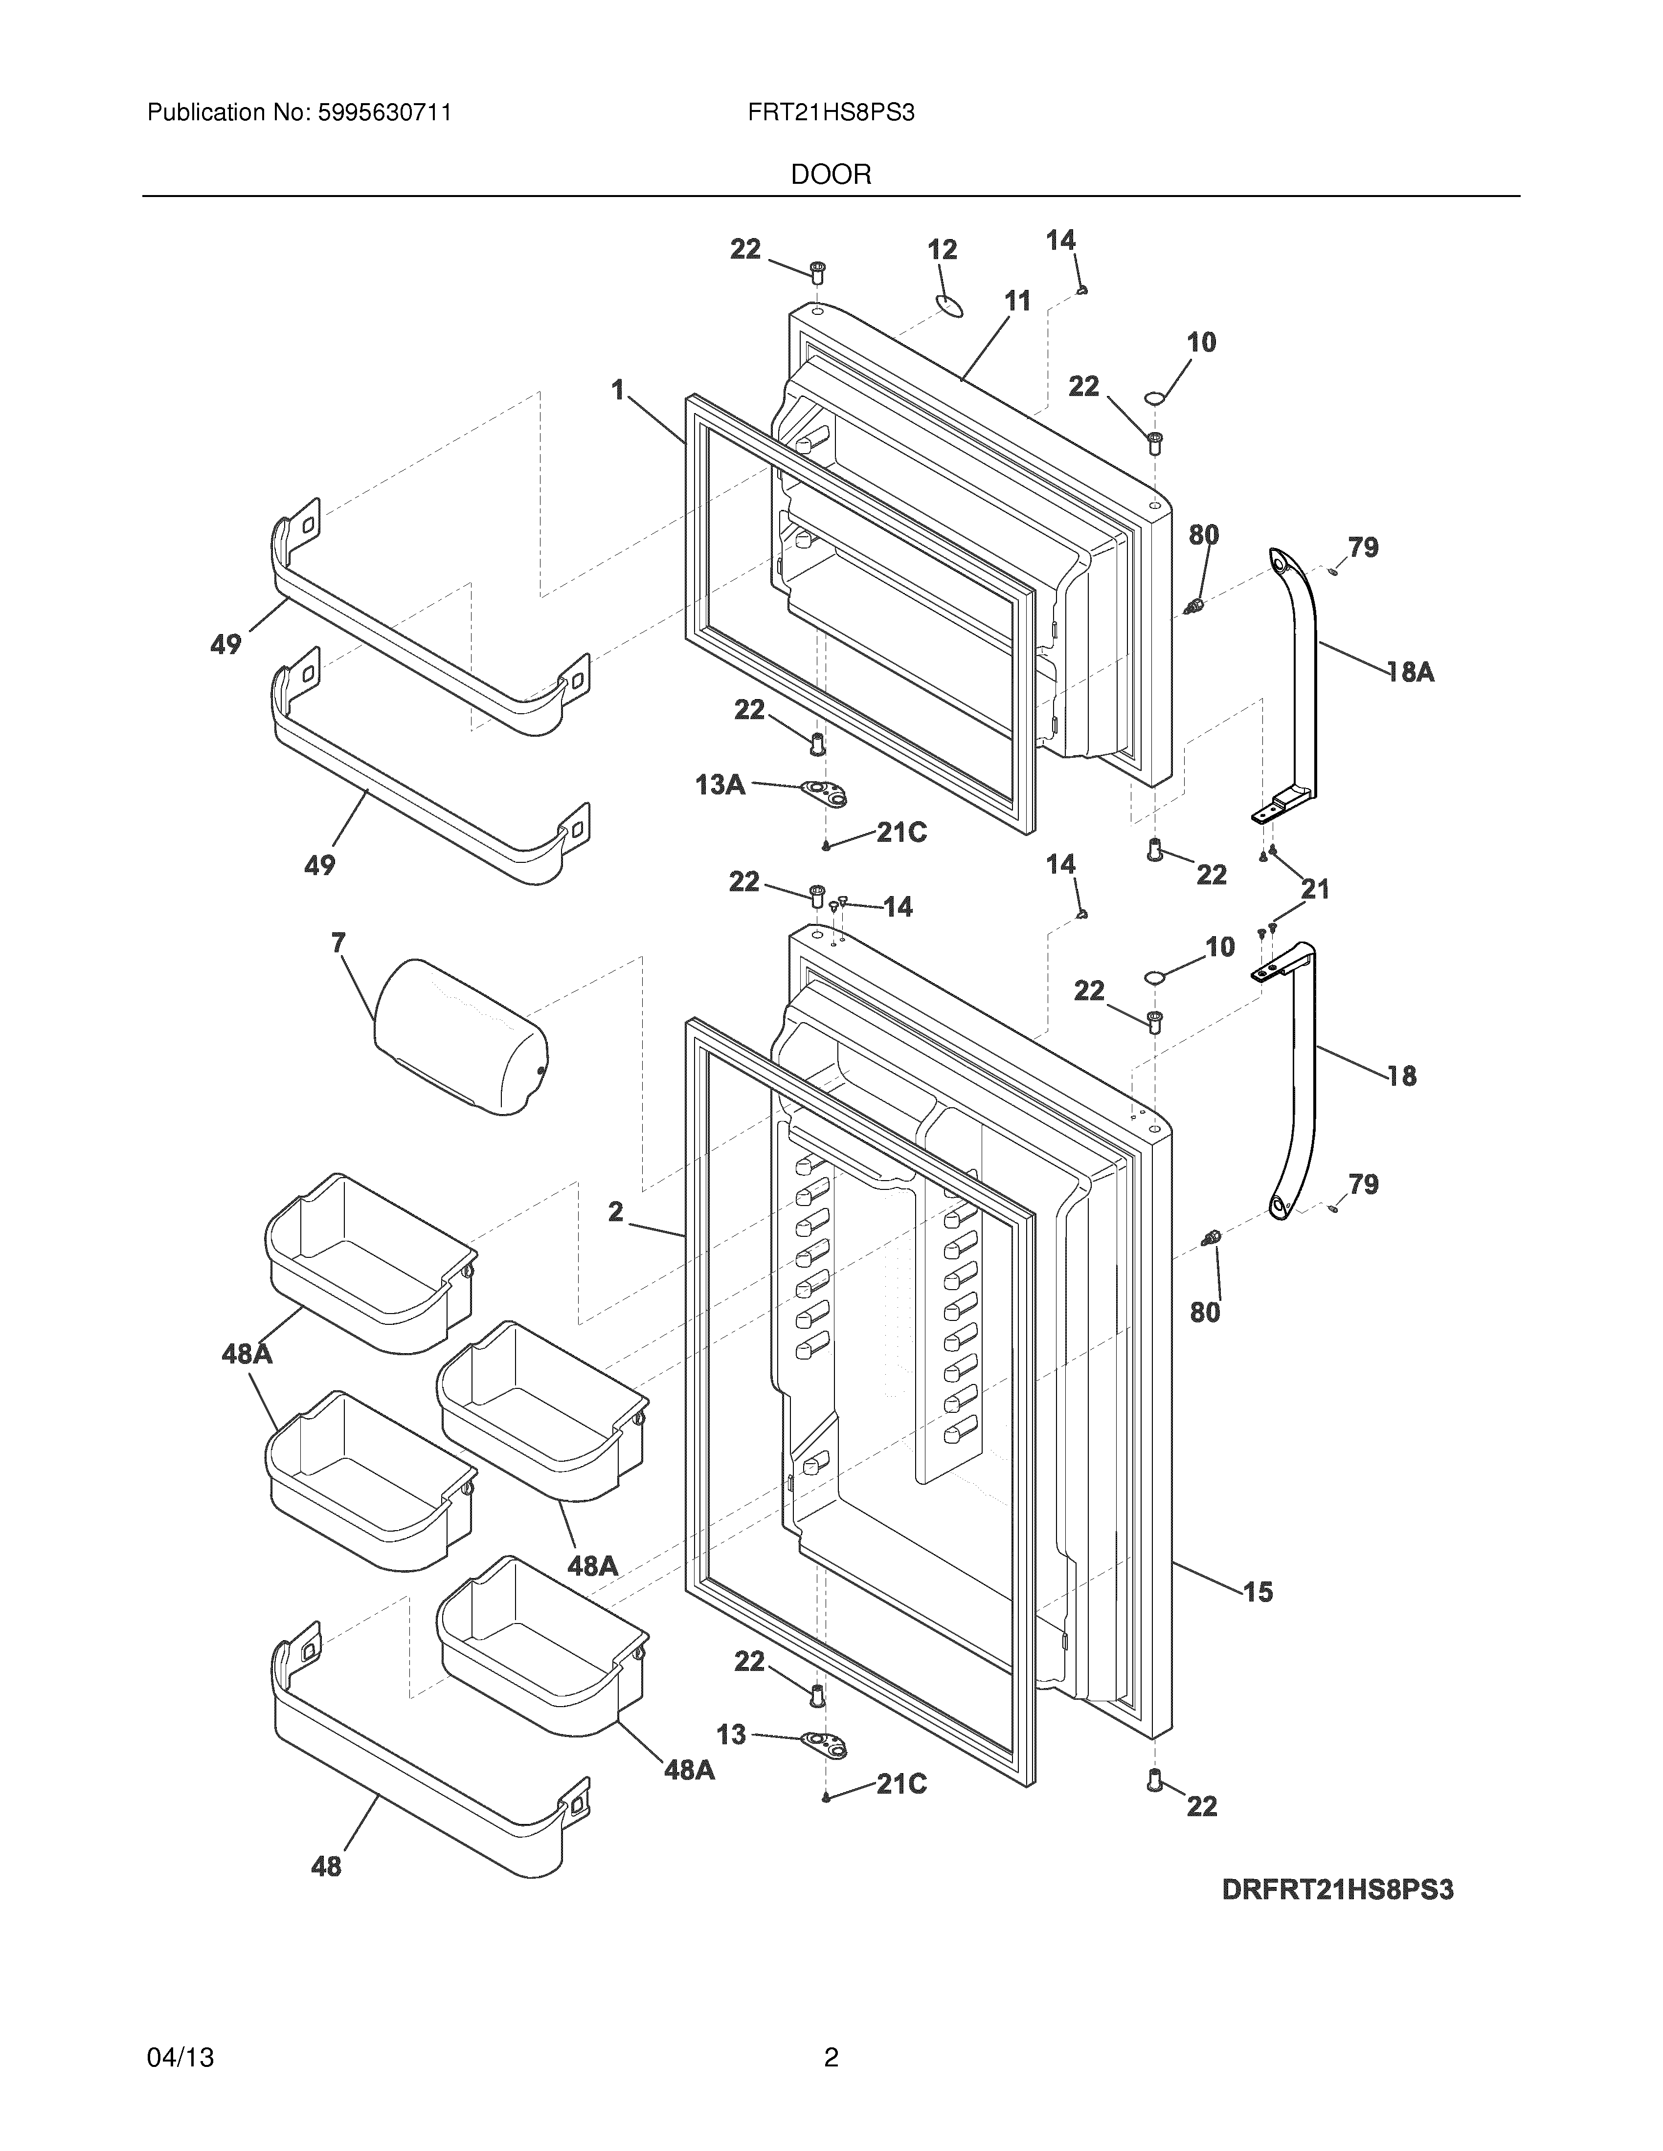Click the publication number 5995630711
coord(384,113)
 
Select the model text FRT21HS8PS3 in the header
coord(831,113)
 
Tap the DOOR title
coord(831,176)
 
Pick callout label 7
coord(338,944)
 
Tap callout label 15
coord(1258,1592)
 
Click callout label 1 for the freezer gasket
coord(618,391)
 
